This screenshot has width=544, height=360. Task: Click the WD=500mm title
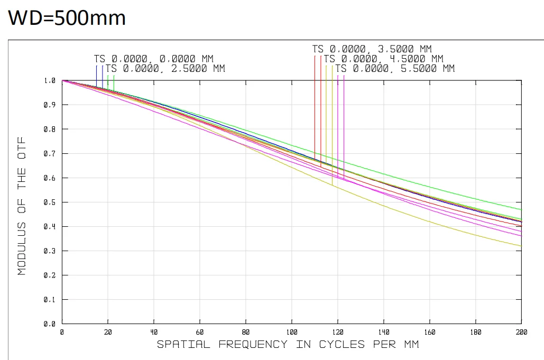(x=67, y=18)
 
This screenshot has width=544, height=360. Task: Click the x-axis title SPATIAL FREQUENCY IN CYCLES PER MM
(x=288, y=345)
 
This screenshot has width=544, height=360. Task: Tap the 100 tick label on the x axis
(x=292, y=332)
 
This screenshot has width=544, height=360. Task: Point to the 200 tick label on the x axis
(x=521, y=332)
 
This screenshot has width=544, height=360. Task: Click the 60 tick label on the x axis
(x=200, y=332)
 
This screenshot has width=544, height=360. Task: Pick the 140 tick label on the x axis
(x=383, y=332)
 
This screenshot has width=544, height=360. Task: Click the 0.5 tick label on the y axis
(x=50, y=202)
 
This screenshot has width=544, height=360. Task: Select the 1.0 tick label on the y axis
(x=50, y=80)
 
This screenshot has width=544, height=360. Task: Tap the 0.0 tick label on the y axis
(x=50, y=324)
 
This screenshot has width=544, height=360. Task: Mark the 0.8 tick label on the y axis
(x=50, y=129)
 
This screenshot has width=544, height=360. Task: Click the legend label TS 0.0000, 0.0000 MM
(x=154, y=59)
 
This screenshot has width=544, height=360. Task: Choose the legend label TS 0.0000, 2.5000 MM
(x=165, y=69)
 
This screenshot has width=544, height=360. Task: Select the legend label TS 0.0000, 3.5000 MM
(x=372, y=49)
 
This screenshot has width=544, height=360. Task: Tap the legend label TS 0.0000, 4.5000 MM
(x=384, y=59)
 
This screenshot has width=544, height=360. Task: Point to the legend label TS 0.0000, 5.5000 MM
(x=395, y=69)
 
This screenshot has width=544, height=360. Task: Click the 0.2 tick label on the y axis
(x=50, y=275)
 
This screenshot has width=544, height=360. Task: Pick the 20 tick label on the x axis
(x=108, y=332)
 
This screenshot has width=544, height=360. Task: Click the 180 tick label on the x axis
(x=475, y=332)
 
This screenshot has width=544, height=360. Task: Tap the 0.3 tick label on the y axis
(x=50, y=251)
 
